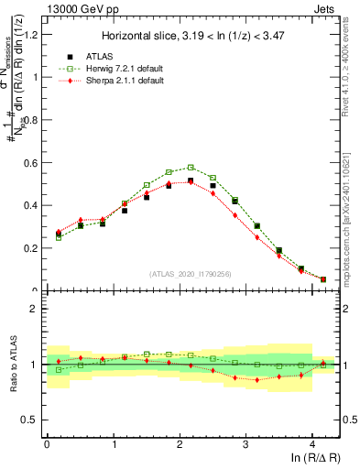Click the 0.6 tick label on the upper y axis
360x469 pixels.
pos(32,163)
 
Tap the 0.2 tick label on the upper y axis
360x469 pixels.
pos(32,248)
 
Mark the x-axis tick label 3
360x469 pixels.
pos(246,444)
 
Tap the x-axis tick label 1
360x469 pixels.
pos(113,444)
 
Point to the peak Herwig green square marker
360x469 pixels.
pos(191,168)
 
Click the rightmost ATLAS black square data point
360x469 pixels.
pos(323,279)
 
